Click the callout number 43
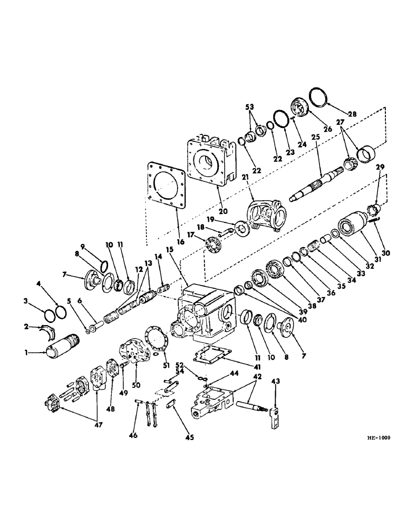tap(277, 380)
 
